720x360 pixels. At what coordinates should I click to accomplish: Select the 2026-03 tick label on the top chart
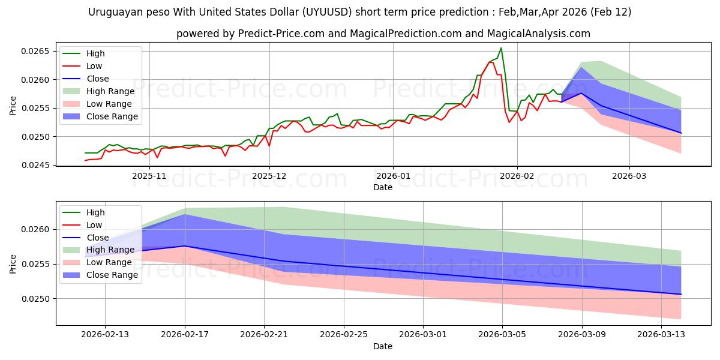(x=629, y=176)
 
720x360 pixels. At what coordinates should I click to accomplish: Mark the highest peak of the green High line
(x=501, y=48)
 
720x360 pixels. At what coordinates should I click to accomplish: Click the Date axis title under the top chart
(x=383, y=187)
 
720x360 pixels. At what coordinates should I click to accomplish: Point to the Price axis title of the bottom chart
(x=13, y=263)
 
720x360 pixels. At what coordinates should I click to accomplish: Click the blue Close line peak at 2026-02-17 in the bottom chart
(x=185, y=246)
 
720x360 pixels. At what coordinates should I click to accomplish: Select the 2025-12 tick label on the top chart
(x=269, y=176)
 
